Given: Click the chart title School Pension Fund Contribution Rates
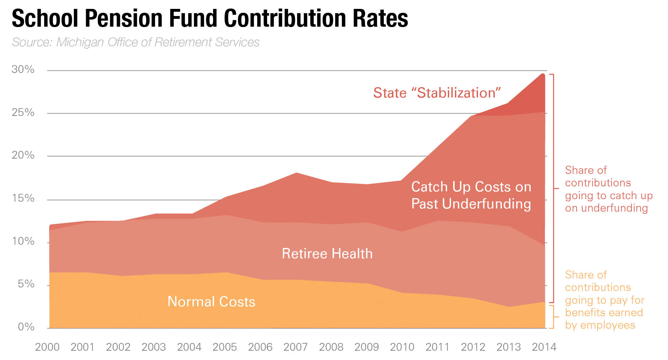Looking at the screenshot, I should [x=210, y=18].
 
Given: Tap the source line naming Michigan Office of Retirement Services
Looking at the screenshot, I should [x=136, y=42].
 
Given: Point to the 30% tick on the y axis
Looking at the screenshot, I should [x=23, y=69].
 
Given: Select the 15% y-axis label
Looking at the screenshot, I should [x=23, y=198].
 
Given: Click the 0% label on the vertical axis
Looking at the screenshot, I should [x=26, y=327].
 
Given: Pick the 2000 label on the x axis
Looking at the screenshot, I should [x=47, y=347].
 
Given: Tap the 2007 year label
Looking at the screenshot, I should [x=296, y=347].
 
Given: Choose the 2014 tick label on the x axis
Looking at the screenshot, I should [x=544, y=347].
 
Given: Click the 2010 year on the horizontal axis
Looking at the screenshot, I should [x=402, y=347].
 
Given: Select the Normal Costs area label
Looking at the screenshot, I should [x=211, y=302].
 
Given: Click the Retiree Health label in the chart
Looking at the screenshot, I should [x=327, y=254].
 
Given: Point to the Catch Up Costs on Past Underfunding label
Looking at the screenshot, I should [x=471, y=195].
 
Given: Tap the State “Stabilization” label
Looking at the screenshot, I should [x=437, y=93].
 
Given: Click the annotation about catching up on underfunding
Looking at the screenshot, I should [x=609, y=189].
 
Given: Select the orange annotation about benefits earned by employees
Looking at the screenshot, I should [x=604, y=300].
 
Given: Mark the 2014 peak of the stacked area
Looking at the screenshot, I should [x=543, y=74].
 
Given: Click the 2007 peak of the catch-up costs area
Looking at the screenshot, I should [x=296, y=173].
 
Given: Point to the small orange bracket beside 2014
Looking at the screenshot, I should [x=552, y=317].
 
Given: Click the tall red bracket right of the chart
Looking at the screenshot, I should [x=553, y=188].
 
